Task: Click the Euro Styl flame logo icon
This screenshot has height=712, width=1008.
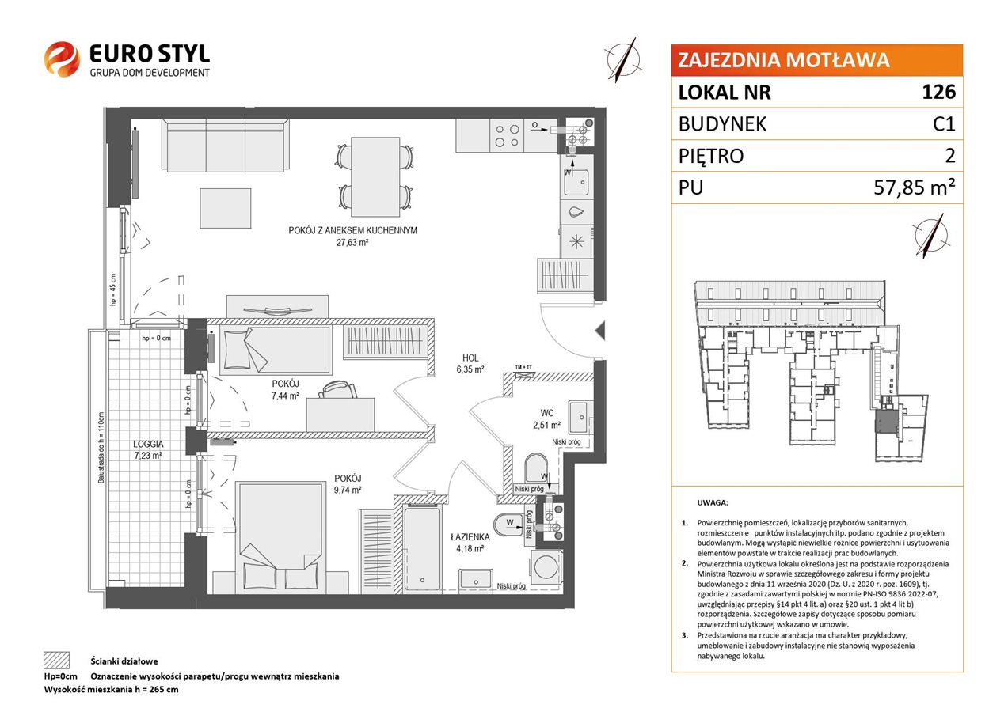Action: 62,59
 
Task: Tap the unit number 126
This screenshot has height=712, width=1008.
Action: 938,92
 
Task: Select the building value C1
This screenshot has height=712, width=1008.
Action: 944,124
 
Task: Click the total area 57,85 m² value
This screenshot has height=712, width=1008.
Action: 915,187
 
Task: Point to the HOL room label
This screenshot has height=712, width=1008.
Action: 470,358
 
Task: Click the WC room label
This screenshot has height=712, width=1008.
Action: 546,413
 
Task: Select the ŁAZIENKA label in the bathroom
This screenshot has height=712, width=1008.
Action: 470,536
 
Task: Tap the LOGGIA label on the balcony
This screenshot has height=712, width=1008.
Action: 148,444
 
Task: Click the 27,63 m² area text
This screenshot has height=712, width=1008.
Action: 352,243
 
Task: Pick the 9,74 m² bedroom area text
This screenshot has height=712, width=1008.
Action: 348,490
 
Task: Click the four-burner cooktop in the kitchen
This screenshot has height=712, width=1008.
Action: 507,136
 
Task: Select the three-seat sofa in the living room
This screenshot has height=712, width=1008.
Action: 225,145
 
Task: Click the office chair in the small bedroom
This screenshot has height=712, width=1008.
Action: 337,389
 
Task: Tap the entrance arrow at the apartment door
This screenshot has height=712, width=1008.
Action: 600,331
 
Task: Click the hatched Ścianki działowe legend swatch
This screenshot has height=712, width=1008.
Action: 57,661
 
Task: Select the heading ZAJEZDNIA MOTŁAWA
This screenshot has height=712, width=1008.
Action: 783,60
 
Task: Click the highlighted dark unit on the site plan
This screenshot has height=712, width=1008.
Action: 885,422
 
